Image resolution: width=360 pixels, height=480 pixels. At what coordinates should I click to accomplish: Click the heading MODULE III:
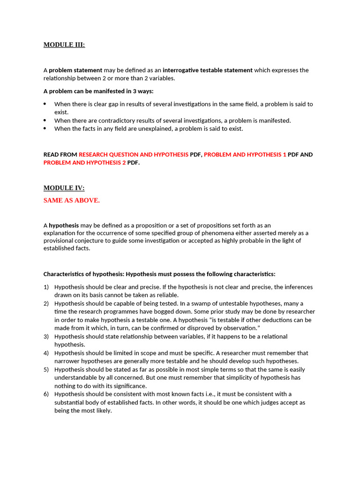point(64,45)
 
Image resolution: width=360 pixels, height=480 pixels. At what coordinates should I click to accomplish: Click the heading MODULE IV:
point(64,188)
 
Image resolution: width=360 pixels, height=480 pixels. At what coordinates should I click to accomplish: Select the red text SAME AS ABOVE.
point(72,201)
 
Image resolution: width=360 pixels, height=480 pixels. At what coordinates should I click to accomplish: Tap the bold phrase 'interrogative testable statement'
point(207,70)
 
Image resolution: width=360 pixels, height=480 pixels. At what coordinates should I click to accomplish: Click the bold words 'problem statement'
point(75,70)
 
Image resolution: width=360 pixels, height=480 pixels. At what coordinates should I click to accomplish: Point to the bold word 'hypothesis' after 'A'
point(64,225)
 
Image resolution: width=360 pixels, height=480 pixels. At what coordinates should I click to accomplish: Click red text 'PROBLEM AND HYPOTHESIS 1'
point(245,155)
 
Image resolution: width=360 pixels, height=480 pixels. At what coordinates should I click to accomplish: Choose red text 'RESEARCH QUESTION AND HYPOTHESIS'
point(134,155)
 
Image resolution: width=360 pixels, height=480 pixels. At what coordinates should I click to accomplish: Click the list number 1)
point(46,287)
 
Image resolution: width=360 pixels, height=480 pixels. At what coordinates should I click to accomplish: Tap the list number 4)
point(46,353)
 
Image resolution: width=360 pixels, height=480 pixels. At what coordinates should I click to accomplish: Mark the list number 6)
point(46,394)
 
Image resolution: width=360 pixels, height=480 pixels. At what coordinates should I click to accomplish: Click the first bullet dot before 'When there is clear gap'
point(45,104)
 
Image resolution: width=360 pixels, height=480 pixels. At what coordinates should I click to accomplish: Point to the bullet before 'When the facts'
point(45,128)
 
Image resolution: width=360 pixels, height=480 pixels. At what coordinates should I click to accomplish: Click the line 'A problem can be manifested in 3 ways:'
point(98,91)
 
